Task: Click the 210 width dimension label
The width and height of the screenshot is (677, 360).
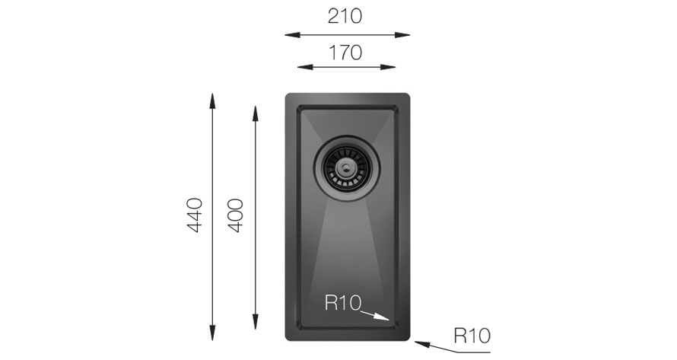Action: tap(345, 17)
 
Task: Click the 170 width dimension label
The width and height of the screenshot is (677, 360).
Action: tap(345, 53)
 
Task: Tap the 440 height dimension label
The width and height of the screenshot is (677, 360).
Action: tap(195, 215)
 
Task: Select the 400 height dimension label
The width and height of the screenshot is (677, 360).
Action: tap(236, 215)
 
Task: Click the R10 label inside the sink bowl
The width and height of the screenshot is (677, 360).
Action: tap(343, 302)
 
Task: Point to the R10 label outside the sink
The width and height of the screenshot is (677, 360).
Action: tap(472, 336)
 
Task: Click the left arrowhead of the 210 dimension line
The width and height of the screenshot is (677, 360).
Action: tap(292, 34)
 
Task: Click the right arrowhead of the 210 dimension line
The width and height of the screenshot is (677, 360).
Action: tap(402, 34)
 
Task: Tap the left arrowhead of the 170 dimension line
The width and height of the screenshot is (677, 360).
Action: tap(305, 67)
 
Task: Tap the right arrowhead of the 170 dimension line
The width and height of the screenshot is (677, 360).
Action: tap(388, 67)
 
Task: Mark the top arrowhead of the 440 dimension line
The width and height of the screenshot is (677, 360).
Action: tap(212, 100)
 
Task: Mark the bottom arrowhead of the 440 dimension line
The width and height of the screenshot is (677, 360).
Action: tap(212, 333)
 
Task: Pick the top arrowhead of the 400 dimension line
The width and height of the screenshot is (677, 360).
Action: tap(255, 113)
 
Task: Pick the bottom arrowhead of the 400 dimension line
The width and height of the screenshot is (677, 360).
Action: tap(255, 322)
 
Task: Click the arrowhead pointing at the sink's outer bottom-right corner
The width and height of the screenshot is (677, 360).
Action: tap(422, 344)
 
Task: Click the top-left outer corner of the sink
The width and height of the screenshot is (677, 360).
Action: tap(286, 94)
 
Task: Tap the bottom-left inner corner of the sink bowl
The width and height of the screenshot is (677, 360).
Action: tap(297, 330)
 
